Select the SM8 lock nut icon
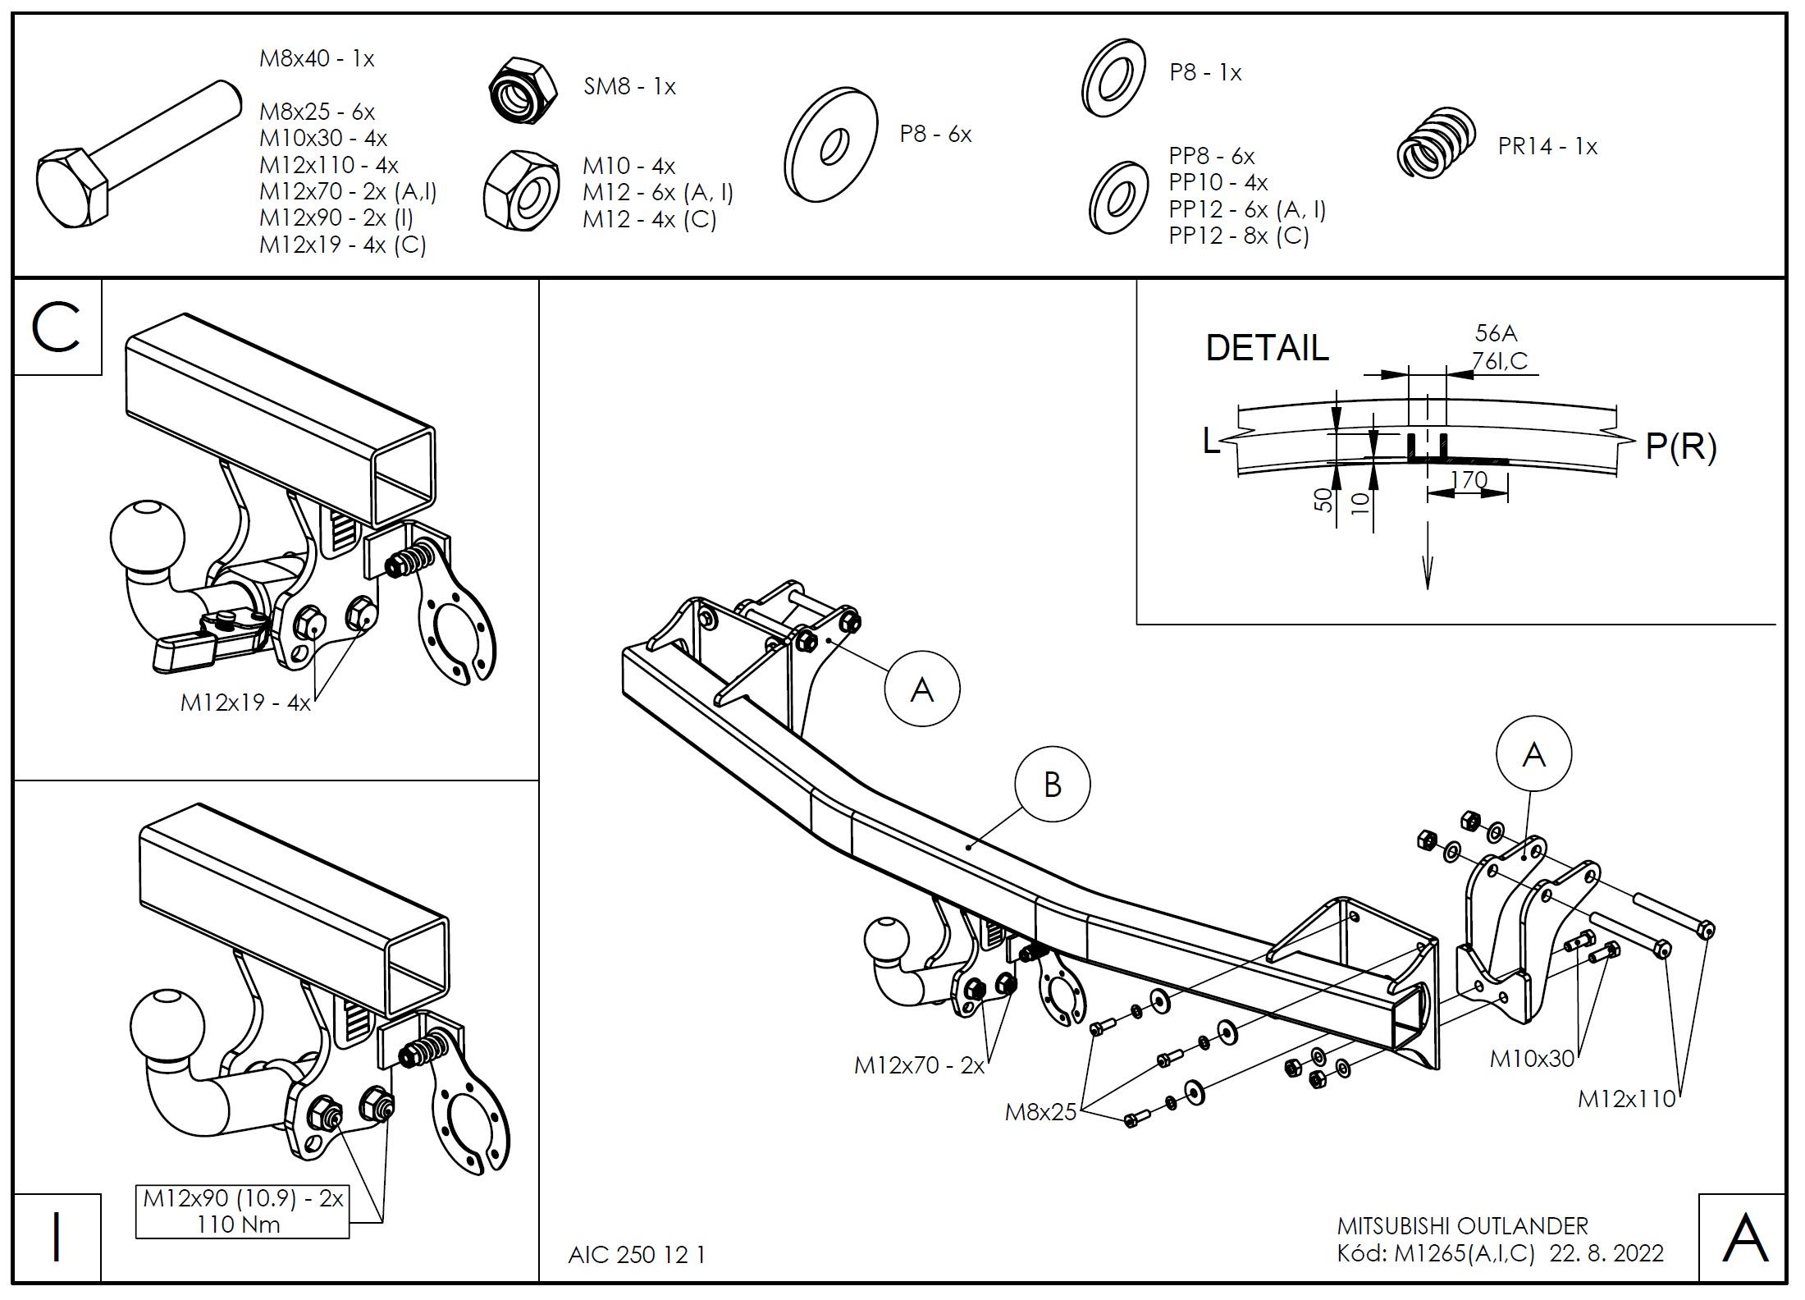(x=523, y=90)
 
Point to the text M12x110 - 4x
(x=328, y=165)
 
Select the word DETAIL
(x=1266, y=348)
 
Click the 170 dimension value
(x=1469, y=479)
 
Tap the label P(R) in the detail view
(x=1680, y=446)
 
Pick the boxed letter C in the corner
(x=56, y=327)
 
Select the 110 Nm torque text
(x=239, y=1224)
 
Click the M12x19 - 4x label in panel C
(x=245, y=703)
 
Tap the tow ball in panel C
(x=148, y=535)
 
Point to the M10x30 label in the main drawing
(x=1532, y=1059)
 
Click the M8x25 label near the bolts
(x=1040, y=1112)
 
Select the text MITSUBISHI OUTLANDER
(x=1462, y=1226)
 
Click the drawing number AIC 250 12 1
(x=636, y=1255)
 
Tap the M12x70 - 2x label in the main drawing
(x=918, y=1065)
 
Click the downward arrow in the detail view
(x=1427, y=566)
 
